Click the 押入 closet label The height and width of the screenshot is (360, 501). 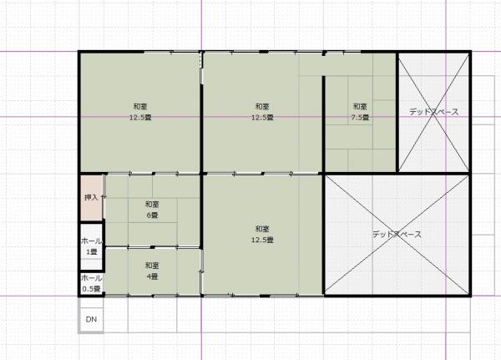91,198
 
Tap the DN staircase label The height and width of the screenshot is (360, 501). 91,319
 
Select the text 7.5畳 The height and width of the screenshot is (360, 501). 360,117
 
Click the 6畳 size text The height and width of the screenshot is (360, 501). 152,215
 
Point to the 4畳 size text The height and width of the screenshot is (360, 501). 152,276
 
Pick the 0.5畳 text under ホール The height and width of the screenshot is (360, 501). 91,289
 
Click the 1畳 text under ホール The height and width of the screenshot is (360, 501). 91,251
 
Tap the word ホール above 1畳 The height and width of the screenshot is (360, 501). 91,241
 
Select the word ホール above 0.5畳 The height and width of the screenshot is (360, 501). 91,278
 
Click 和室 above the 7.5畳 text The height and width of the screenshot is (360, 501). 360,106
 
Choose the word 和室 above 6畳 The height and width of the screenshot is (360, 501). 152,204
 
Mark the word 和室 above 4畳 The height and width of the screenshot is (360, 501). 152,266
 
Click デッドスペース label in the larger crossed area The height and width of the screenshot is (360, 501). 397,235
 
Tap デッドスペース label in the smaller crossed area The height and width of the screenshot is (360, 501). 434,112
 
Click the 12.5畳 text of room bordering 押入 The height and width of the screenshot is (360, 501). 140,117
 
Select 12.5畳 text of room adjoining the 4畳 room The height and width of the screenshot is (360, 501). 262,240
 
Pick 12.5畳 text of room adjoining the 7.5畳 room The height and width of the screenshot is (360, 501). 262,117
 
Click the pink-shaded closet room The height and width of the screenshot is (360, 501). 91,198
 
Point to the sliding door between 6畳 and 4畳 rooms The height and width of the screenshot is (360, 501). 153,247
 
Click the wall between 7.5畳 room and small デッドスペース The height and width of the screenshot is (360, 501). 397,113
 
